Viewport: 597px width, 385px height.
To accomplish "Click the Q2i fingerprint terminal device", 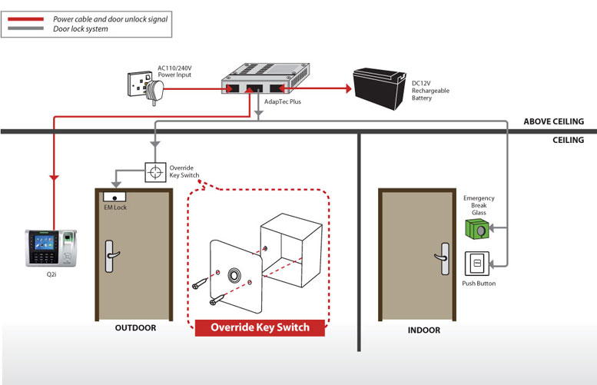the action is pyautogui.click(x=51, y=248).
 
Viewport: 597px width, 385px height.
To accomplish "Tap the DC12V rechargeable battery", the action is pyautogui.click(x=380, y=88).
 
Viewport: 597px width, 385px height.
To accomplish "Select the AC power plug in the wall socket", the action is pyautogui.click(x=154, y=91).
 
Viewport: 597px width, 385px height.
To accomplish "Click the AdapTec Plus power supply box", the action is pyautogui.click(x=265, y=78).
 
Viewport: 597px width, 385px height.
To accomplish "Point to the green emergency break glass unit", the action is pyautogui.click(x=477, y=229).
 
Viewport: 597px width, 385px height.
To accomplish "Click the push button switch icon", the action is pyautogui.click(x=477, y=264).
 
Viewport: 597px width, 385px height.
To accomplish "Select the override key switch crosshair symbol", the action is pyautogui.click(x=155, y=172).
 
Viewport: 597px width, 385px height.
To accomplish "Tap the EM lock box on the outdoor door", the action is pyautogui.click(x=114, y=197).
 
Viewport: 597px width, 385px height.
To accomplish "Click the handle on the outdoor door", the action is pyautogui.click(x=111, y=256).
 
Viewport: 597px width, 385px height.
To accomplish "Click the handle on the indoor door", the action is pyautogui.click(x=443, y=258).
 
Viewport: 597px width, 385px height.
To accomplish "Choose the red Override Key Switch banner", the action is pyautogui.click(x=260, y=327).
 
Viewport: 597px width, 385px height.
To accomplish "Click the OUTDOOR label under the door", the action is pyautogui.click(x=135, y=328).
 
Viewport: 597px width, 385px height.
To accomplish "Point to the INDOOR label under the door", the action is pyautogui.click(x=424, y=330).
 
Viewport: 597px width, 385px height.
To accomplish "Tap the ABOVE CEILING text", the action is pyautogui.click(x=554, y=121).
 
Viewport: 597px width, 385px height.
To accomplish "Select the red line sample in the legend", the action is pyautogui.click(x=26, y=19).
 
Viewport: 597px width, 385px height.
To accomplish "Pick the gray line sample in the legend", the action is pyautogui.click(x=26, y=28).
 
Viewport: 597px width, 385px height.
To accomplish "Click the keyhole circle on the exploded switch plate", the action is pyautogui.click(x=234, y=275).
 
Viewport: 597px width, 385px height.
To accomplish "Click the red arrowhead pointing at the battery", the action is pyautogui.click(x=348, y=88).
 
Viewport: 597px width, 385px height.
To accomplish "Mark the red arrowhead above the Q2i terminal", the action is pyautogui.click(x=54, y=178).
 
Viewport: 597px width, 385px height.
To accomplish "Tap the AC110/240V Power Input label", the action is pyautogui.click(x=174, y=71).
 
